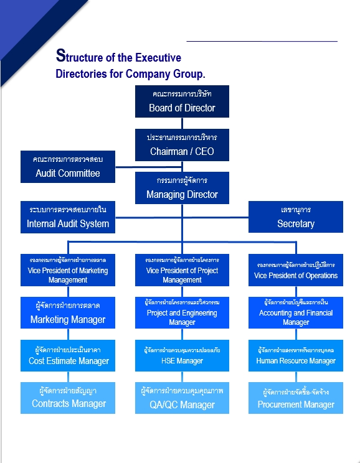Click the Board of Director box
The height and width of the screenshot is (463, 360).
tap(182, 101)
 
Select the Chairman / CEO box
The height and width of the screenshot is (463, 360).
tap(182, 144)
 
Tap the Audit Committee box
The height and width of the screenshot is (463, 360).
tap(68, 167)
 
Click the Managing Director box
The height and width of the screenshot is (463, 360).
tap(182, 188)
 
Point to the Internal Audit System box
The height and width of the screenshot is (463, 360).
tap(68, 217)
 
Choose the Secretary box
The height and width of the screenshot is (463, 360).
tap(296, 217)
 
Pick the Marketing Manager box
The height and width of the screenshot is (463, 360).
tap(68, 313)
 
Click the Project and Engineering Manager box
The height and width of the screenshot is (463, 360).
tap(182, 313)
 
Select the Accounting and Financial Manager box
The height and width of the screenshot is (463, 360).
tap(296, 313)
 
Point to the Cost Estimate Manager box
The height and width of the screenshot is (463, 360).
tap(68, 355)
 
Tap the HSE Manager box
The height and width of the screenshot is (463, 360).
tap(182, 355)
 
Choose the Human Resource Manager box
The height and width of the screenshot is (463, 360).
tap(296, 355)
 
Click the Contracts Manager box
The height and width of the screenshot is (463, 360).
tap(68, 398)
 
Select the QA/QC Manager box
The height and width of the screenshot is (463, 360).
tap(182, 398)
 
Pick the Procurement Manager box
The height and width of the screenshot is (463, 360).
tap(296, 398)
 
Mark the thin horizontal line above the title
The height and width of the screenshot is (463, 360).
tap(262, 41)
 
